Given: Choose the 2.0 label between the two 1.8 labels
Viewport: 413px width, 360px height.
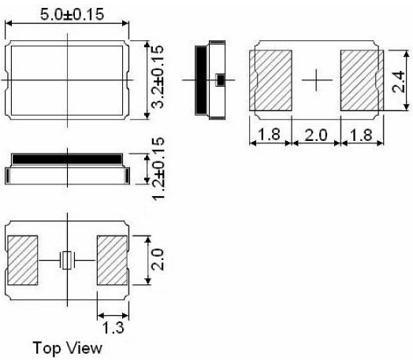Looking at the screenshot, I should tap(315, 135).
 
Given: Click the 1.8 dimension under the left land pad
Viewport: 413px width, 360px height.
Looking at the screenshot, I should tap(270, 135).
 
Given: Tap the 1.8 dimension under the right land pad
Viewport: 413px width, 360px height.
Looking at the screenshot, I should tap(361, 135).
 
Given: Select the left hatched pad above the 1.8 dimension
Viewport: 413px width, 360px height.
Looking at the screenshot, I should tap(270, 80).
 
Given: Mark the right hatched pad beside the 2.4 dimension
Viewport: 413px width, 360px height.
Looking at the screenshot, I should tap(360, 80).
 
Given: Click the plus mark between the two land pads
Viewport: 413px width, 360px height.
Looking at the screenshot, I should tap(315, 80).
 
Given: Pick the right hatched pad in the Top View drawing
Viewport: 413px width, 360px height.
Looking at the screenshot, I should tap(111, 259).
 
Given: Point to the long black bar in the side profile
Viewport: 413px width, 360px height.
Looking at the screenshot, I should tap(66, 158).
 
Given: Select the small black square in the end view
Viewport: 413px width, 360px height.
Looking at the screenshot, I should tap(220, 80).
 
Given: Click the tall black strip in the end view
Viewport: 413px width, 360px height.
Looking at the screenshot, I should tap(200, 80).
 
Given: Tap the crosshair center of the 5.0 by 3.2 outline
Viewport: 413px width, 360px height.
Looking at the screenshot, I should tap(67, 80).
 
